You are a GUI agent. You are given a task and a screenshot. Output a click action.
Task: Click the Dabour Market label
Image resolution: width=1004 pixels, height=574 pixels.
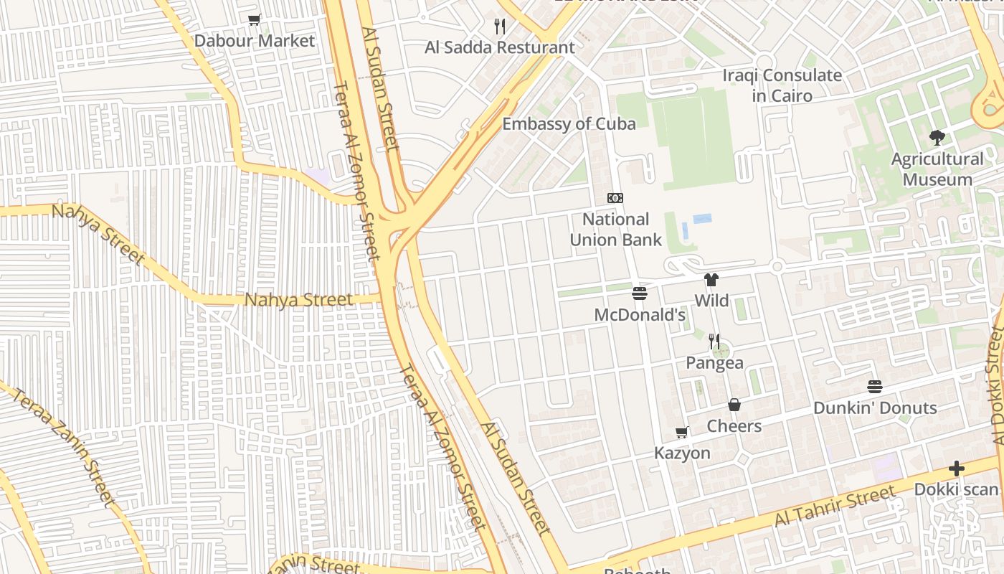coord(255,41)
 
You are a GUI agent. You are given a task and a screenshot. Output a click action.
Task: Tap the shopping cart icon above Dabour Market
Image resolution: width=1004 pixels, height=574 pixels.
coord(254,20)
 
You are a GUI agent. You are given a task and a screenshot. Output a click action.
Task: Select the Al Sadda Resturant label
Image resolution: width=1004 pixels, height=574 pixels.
coord(500,48)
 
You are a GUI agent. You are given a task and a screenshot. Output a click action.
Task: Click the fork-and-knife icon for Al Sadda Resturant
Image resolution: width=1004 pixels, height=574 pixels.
coord(500,27)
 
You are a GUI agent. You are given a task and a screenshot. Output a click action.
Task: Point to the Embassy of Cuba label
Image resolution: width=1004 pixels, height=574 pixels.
coord(569,124)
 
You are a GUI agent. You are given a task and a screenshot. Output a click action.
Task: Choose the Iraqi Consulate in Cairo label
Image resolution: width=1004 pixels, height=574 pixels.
coord(782,85)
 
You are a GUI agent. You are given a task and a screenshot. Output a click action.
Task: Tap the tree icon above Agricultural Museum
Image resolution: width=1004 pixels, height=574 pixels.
coord(937,138)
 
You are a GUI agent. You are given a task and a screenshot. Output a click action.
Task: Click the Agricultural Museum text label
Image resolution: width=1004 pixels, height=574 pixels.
coord(937,169)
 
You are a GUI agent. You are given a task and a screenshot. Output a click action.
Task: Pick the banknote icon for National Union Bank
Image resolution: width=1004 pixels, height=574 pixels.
coord(615,198)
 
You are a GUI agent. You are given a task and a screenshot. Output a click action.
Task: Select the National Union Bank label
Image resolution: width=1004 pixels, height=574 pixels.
coord(615,230)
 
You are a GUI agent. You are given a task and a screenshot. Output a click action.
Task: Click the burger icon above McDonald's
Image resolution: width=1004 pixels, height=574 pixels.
coord(640,293)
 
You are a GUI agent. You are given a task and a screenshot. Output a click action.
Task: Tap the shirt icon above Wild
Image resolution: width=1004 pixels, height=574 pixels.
coord(711,280)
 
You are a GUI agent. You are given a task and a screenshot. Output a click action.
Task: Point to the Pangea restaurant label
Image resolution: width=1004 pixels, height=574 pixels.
coord(714,363)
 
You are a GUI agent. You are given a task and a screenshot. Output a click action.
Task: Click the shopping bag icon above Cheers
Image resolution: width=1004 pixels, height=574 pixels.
coord(734,405)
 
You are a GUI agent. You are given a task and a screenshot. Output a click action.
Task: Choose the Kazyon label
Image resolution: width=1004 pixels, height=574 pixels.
coord(682,453)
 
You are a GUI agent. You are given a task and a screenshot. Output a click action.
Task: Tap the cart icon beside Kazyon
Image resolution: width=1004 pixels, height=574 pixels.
coord(682,433)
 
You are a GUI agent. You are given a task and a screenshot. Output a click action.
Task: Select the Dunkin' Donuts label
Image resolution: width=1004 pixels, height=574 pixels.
coord(875,408)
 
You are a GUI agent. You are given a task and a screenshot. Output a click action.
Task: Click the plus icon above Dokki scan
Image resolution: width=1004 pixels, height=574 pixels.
coord(956,469)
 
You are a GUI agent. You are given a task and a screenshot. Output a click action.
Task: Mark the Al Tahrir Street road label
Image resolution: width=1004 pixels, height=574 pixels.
coord(835,506)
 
